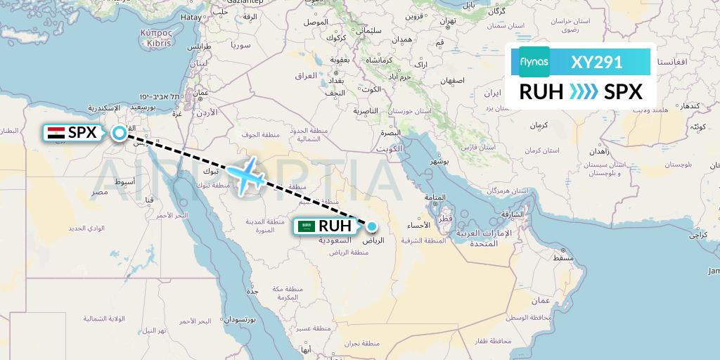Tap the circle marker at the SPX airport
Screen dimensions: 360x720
pos(119,132)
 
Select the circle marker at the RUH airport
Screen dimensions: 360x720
pos(371,226)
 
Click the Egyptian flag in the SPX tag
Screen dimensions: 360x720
pos(56,132)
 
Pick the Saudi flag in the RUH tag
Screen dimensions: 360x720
pos(305,226)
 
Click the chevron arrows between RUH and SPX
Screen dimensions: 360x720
pos(584,92)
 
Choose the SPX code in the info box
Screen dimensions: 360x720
pos(623,92)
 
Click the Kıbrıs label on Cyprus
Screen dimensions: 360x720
pos(158,43)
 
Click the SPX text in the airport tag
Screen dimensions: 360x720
pos(82,132)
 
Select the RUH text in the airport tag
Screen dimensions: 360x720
pos(335,226)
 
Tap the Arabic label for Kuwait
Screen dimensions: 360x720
pos(389,148)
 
